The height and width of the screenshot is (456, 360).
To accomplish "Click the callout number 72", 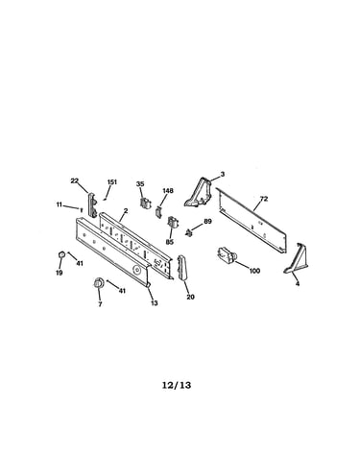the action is (x=263, y=199).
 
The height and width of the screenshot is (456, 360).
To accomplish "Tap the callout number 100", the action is (x=254, y=271).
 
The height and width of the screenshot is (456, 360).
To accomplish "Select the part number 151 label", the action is (x=112, y=182).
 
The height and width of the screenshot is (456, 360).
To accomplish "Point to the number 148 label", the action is (x=168, y=191).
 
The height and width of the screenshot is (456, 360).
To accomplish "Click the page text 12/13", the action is (x=177, y=385).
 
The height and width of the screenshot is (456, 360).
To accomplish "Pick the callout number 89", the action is (x=207, y=221).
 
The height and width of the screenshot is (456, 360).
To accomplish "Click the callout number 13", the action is (x=155, y=303).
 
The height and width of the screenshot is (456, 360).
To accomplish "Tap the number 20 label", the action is (x=190, y=297).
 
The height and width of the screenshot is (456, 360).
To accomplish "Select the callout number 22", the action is (x=74, y=180).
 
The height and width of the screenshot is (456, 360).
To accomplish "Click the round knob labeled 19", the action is (x=61, y=255).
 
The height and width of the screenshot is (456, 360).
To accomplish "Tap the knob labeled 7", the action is (x=98, y=283).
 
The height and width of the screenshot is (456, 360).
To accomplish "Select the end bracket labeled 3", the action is (x=199, y=193).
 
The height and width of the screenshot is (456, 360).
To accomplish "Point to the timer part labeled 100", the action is (x=228, y=254).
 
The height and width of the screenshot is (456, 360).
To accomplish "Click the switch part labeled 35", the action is (x=145, y=203).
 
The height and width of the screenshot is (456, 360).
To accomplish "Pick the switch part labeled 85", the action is (x=172, y=223).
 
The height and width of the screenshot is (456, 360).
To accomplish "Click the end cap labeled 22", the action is (x=92, y=204).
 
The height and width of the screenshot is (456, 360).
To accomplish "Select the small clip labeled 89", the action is (x=189, y=233).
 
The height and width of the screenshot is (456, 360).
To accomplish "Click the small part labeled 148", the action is (x=158, y=211).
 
